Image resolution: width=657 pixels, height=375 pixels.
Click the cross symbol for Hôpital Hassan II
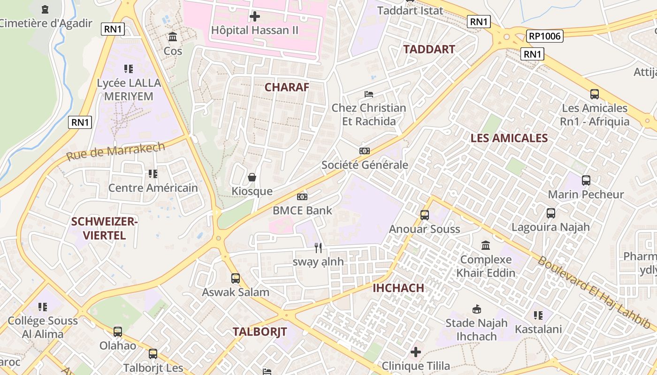coord(255,17)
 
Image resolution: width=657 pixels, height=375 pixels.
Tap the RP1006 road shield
coord(544,36)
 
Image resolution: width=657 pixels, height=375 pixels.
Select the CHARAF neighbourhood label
coord(287,87)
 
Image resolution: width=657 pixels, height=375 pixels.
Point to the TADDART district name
coord(429,49)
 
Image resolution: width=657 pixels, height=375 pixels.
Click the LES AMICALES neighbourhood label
coord(509,138)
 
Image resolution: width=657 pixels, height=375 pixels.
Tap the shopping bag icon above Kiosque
coord(252,177)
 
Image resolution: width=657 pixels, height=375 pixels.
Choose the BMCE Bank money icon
coord(302,197)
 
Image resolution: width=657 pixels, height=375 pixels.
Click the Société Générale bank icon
coord(365,151)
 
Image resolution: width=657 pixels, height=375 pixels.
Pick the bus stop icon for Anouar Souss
coord(425,215)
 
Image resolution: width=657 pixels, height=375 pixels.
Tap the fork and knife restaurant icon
coord(318,247)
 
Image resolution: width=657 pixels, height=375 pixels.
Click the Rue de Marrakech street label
coord(115,151)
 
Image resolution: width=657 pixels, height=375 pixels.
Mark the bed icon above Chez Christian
coord(369,94)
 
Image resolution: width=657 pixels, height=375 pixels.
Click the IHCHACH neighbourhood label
coord(398,288)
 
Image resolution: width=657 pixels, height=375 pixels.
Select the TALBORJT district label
coord(260,332)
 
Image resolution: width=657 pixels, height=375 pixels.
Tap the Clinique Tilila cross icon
coord(416,352)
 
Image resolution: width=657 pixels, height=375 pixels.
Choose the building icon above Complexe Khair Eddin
coord(486,245)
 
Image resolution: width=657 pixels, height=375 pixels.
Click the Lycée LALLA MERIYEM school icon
coord(129,69)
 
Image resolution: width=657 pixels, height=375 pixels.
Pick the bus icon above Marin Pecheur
coord(586,180)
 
